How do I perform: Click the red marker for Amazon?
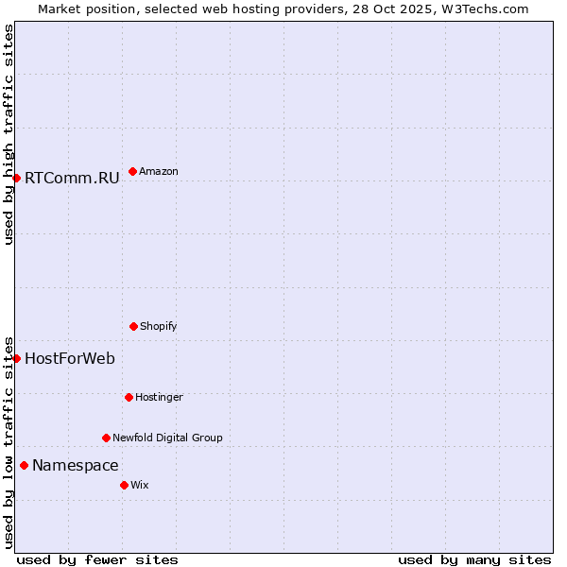click(x=132, y=171)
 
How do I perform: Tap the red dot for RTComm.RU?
click(x=16, y=178)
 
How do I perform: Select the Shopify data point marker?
click(x=133, y=326)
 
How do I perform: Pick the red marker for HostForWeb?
click(x=16, y=358)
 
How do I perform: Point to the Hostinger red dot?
click(x=129, y=397)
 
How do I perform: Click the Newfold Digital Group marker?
click(x=106, y=438)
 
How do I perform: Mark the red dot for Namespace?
click(x=24, y=465)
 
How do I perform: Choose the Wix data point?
click(x=124, y=485)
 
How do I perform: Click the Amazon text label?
click(x=159, y=171)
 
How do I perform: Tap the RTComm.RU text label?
click(x=72, y=178)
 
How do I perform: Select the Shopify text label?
click(x=159, y=326)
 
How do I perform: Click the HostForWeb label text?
click(x=70, y=358)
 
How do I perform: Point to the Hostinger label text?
click(x=159, y=397)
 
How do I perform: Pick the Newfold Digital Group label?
click(x=167, y=438)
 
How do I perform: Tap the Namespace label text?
click(x=76, y=465)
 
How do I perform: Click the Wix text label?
click(x=140, y=485)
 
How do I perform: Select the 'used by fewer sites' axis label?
click(x=97, y=559)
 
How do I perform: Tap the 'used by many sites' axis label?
click(x=474, y=559)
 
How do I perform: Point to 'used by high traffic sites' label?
click(x=9, y=134)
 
